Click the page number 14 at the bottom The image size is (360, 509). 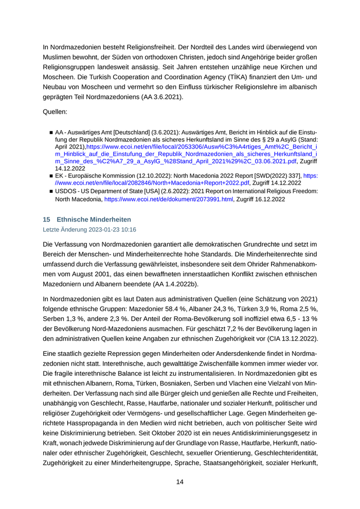[x=180, y=482]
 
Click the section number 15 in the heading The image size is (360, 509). [x=46, y=220]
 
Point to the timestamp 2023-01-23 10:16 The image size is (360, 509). [x=107, y=229]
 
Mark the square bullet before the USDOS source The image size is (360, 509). [x=51, y=191]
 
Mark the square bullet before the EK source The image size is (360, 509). [x=51, y=176]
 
